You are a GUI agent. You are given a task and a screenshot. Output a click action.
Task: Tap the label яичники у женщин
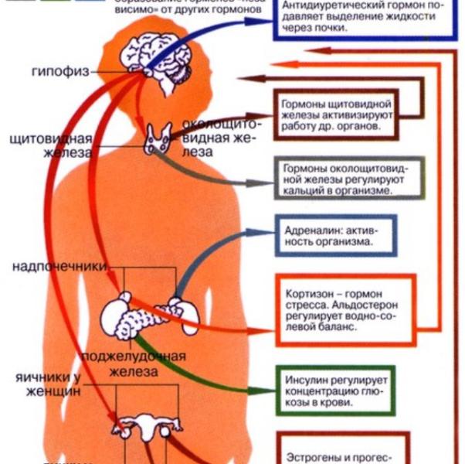[x=47, y=384]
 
